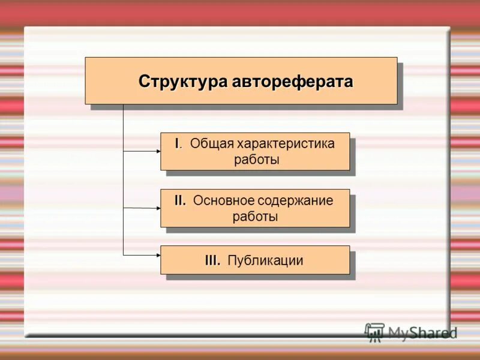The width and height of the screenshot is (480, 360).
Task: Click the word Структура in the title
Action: (182, 82)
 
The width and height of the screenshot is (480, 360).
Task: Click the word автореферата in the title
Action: (292, 82)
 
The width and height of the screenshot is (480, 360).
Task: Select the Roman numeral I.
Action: (178, 144)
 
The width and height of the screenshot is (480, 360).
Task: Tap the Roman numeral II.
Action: (181, 201)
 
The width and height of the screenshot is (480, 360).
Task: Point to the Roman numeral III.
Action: (212, 260)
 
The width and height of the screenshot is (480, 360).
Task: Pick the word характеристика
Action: (285, 144)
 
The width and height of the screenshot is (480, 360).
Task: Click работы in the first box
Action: (256, 160)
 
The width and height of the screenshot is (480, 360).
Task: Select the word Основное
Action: (223, 201)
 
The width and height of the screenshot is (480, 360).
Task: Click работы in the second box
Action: (256, 217)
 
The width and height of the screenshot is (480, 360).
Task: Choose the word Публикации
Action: (265, 260)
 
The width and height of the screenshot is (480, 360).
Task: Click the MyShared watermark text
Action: (422, 333)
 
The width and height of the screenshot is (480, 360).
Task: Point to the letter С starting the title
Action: (143, 82)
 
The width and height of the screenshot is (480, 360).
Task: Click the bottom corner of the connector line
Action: (123, 255)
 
